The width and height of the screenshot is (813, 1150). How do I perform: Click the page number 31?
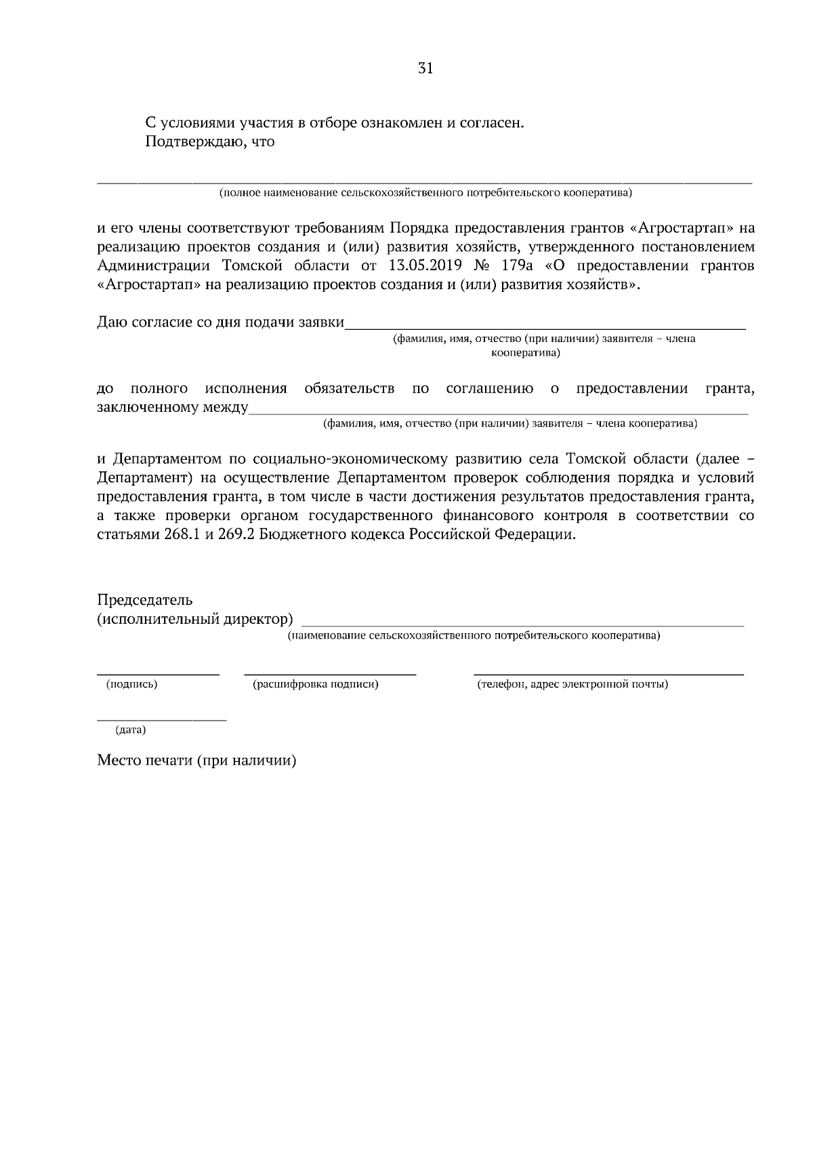click(x=425, y=68)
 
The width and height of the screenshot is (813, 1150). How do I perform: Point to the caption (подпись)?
click(x=132, y=684)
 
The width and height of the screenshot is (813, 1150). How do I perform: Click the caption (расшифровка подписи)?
click(x=316, y=684)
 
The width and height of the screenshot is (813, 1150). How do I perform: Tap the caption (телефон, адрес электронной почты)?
click(x=572, y=684)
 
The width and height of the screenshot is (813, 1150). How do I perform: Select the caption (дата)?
click(x=131, y=729)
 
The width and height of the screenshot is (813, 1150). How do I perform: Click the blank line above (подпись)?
click(x=159, y=674)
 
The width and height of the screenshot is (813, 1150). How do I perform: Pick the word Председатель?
click(x=145, y=600)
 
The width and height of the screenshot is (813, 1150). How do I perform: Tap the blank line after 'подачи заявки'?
click(x=545, y=328)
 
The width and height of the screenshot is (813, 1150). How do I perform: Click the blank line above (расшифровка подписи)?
click(x=330, y=674)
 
